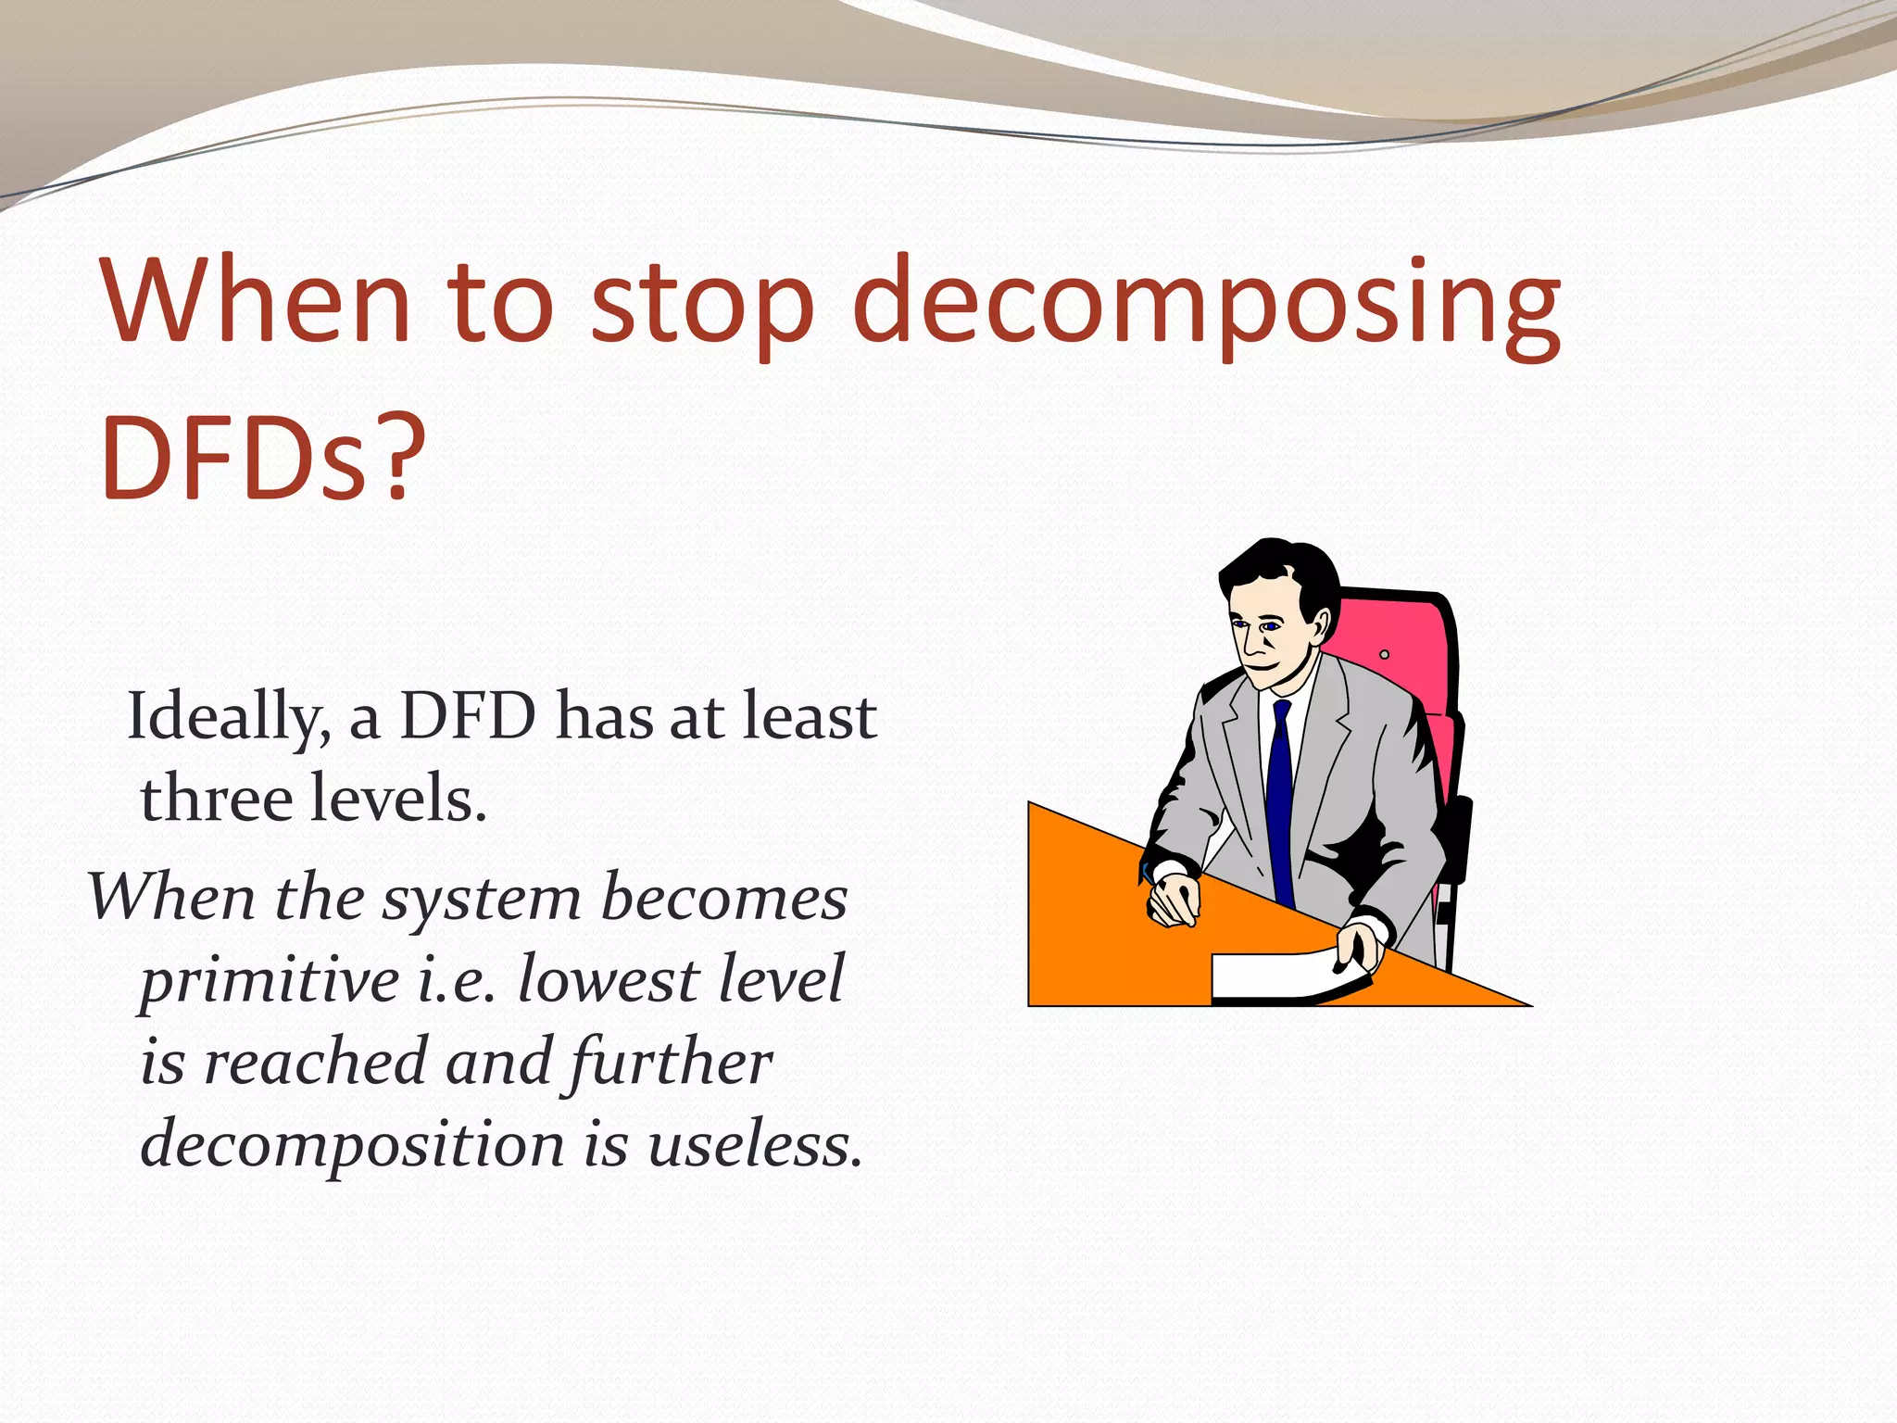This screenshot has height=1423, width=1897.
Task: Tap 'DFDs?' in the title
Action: tap(263, 460)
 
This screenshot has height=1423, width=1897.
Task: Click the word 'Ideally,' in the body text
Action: tap(228, 719)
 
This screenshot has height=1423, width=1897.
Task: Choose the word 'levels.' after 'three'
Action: tap(398, 799)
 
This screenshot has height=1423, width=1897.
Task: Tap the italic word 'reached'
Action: tap(315, 1062)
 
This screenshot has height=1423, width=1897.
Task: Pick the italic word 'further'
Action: tap(671, 1062)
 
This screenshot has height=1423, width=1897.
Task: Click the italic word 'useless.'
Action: tap(754, 1145)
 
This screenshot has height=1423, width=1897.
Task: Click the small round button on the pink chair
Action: tap(1384, 654)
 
